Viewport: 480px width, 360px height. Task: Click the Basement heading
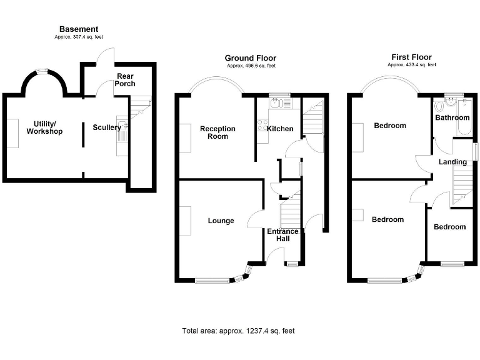click(79, 29)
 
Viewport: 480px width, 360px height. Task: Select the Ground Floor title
click(251, 58)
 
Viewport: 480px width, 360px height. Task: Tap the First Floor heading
click(411, 57)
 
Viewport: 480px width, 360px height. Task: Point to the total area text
click(238, 331)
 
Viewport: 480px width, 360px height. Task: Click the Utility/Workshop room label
click(45, 127)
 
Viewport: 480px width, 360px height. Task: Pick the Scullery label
click(107, 127)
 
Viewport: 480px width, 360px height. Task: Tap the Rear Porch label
click(125, 80)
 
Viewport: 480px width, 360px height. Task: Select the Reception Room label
click(217, 132)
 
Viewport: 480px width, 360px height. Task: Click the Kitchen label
click(280, 129)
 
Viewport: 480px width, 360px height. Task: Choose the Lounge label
click(221, 221)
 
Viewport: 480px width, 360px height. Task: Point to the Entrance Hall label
click(282, 235)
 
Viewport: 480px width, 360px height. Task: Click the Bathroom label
click(452, 117)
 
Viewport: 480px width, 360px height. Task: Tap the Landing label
click(452, 162)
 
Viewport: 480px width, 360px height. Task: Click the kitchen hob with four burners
click(262, 125)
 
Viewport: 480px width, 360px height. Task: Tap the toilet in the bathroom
click(439, 106)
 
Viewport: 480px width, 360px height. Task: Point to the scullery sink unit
click(122, 136)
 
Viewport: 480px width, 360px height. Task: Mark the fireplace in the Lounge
click(185, 221)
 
